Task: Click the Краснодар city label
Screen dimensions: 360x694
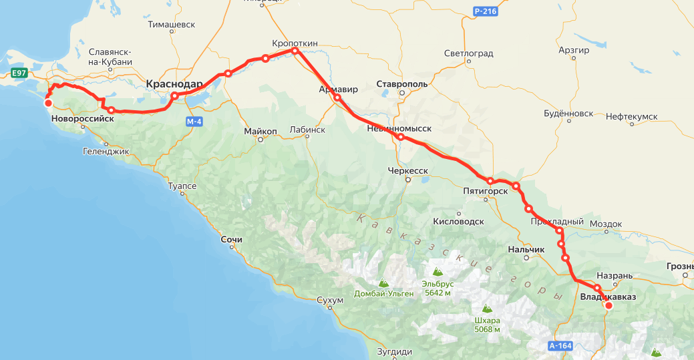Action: (x=174, y=84)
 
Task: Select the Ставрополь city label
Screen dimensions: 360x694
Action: (x=401, y=84)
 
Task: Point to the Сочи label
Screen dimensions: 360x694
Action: (x=231, y=239)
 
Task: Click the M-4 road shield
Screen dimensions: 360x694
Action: (x=194, y=122)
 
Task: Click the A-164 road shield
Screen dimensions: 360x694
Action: (x=560, y=346)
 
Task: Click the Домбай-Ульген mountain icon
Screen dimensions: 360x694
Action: (x=384, y=283)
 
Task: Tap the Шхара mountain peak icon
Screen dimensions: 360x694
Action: (x=487, y=309)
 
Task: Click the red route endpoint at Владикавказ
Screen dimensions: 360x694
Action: (x=609, y=306)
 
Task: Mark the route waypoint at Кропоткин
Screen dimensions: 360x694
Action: (x=295, y=51)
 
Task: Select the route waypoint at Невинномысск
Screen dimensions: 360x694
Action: (x=400, y=137)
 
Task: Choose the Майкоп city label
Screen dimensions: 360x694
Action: (x=260, y=131)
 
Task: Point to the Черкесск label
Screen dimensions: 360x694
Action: (x=407, y=171)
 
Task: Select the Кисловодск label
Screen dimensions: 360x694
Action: (x=458, y=221)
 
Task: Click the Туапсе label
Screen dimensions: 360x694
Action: (x=182, y=186)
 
